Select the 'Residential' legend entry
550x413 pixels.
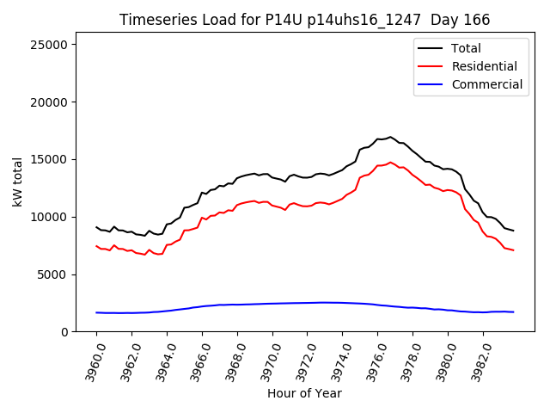484,66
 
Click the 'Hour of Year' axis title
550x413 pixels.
304,393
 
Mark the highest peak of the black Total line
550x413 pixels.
390,137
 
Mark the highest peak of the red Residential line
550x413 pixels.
390,162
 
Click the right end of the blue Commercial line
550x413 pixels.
513,311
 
